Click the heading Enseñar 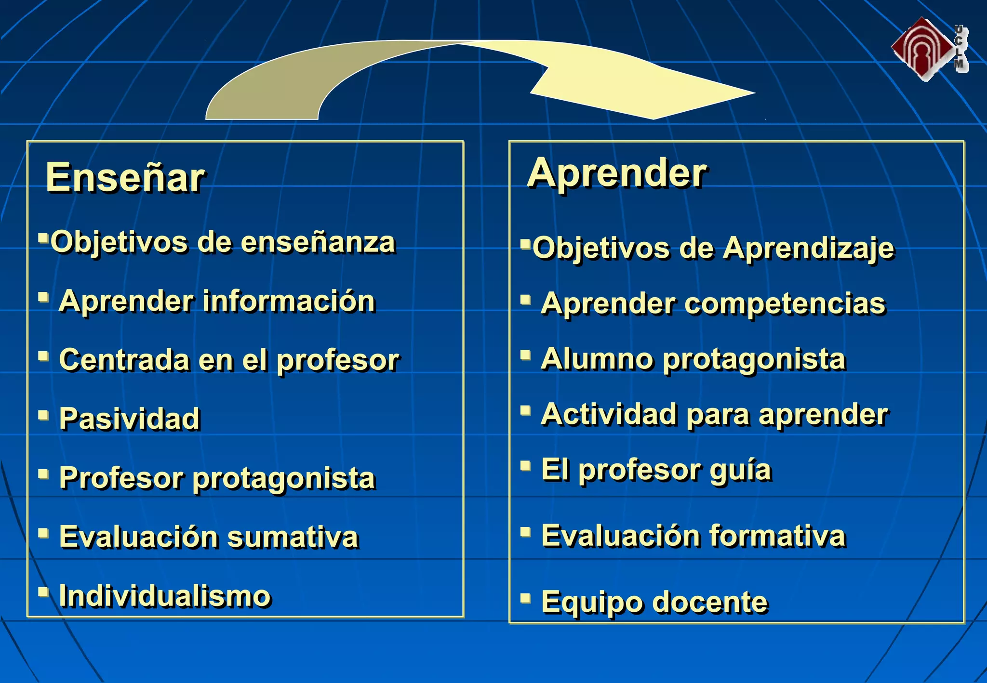tap(125, 177)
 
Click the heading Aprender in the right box tap(617, 173)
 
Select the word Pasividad tap(129, 418)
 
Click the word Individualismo tap(165, 596)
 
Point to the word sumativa tap(293, 537)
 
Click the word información tap(289, 302)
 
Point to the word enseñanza tap(318, 242)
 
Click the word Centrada tap(124, 360)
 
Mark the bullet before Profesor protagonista tap(43, 474)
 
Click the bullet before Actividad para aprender tap(525, 410)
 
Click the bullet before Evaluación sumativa tap(43, 533)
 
